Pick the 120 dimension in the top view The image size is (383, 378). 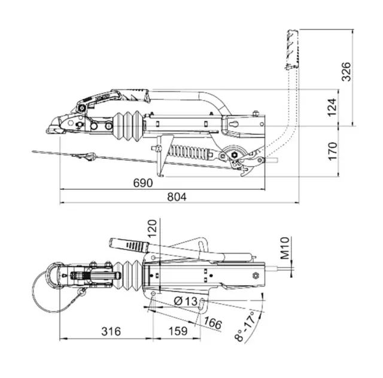(x=151, y=230)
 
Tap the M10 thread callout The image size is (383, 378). (x=285, y=247)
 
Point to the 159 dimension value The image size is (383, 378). (x=177, y=331)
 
